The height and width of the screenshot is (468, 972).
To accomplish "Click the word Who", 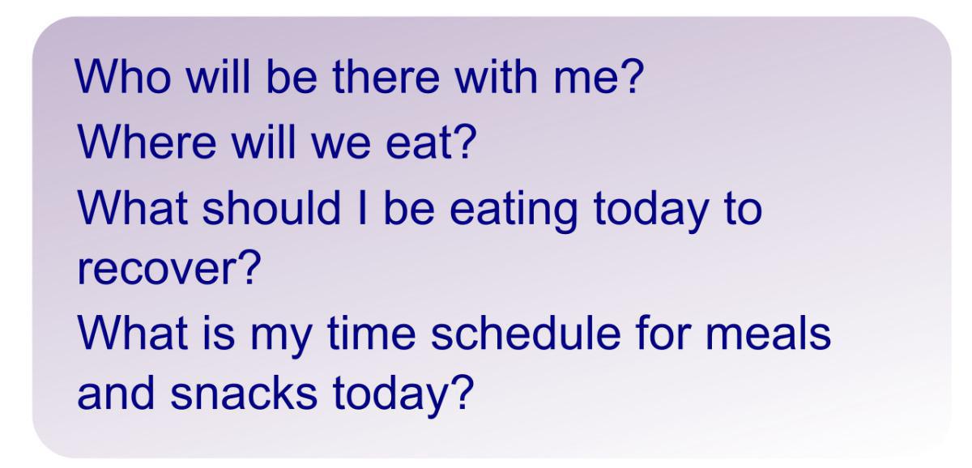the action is coord(123,76).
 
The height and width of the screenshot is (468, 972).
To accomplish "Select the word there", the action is coord(386,76).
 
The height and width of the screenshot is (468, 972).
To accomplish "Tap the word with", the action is coord(497,76).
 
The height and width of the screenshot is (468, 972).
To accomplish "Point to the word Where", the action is coord(147,142).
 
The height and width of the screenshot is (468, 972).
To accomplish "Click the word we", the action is coord(342,147).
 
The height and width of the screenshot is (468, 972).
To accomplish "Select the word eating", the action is coord(514,211).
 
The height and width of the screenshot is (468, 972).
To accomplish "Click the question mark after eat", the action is coord(464,142).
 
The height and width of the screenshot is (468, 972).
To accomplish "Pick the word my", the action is coord(281,342).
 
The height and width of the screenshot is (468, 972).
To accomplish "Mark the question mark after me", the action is coord(631,76).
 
